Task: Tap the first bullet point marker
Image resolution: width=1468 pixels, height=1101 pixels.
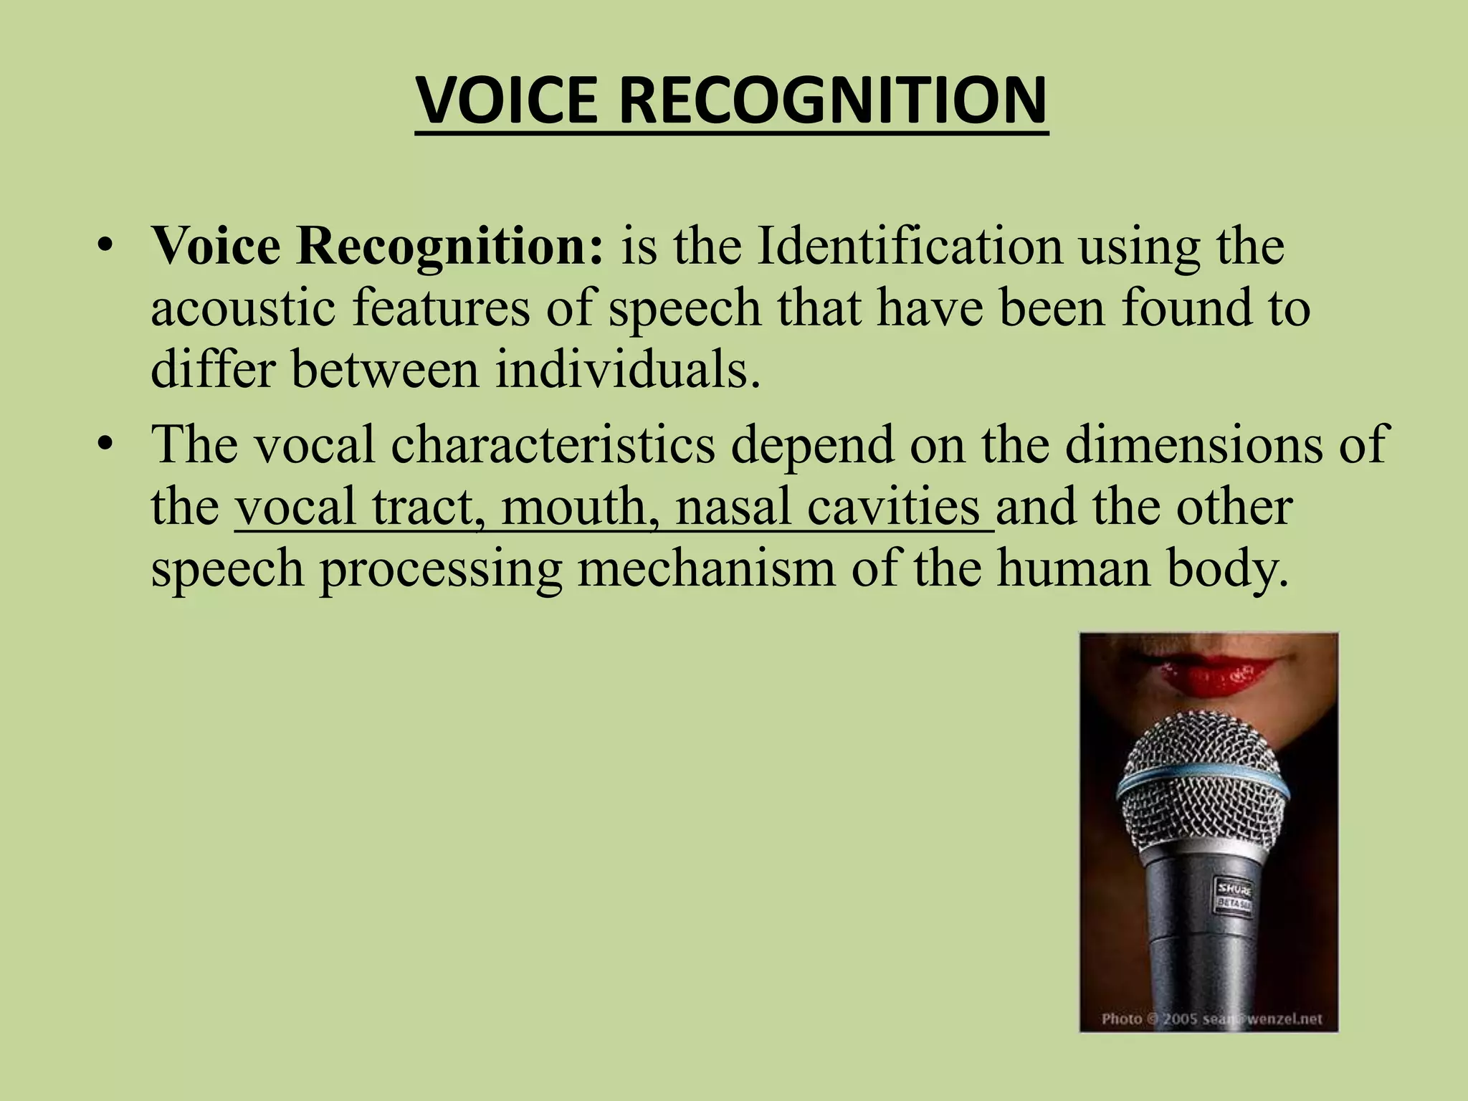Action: coord(105,246)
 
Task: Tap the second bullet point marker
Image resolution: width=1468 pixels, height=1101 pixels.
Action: coord(105,444)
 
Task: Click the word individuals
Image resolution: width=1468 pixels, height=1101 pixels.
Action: coord(627,370)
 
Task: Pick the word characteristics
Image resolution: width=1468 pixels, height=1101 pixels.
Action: coord(553,444)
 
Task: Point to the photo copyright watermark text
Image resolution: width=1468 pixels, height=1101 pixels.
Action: coord(1211,1019)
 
